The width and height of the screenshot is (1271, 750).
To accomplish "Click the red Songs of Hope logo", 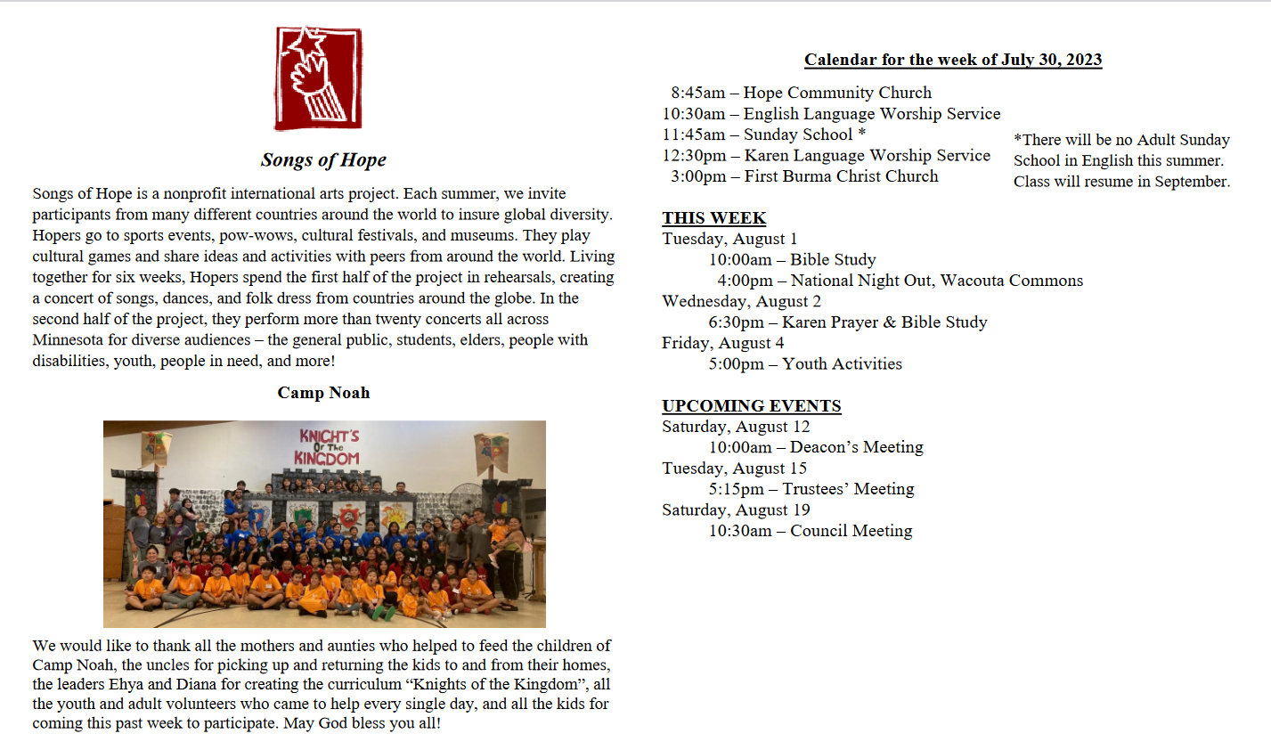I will (x=318, y=78).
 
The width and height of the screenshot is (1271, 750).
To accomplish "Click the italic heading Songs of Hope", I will (x=323, y=160).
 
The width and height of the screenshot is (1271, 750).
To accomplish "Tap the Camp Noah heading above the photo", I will (x=323, y=393).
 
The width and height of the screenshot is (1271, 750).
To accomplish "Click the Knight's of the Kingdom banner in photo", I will (x=329, y=447).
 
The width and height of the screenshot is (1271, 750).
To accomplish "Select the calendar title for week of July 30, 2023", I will (x=953, y=60).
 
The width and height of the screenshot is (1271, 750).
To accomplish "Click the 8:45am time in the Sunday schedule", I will (x=697, y=93).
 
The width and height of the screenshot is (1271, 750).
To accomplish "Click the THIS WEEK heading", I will (x=713, y=218).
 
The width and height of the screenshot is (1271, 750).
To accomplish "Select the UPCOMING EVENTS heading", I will (x=751, y=406).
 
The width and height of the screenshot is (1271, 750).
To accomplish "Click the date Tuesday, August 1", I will (x=729, y=239).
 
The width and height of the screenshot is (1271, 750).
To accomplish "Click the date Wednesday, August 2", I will (x=741, y=301).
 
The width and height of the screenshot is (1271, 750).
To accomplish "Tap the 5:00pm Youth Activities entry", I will (x=805, y=363).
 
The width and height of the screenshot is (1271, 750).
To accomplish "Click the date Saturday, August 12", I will (x=736, y=427).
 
